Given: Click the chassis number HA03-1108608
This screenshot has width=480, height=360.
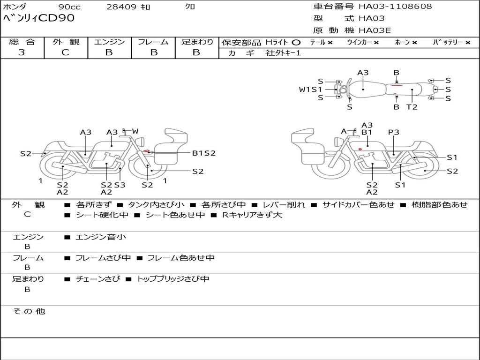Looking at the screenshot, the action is [x=395, y=7].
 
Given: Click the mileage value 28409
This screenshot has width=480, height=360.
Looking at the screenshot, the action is [x=121, y=7].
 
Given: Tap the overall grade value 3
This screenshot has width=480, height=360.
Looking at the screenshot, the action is [x=22, y=52].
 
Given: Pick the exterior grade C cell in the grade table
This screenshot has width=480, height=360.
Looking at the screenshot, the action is [x=65, y=52].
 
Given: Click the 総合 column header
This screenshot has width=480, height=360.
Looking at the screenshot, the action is [x=22, y=42].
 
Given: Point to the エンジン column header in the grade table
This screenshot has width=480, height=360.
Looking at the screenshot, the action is [x=109, y=42].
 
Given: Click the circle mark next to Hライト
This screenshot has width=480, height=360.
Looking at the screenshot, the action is [x=296, y=42].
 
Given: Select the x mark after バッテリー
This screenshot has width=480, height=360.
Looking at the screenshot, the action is [x=467, y=42].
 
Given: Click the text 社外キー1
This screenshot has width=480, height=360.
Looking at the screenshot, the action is [x=283, y=53].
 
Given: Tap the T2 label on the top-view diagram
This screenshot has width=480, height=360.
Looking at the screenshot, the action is [x=412, y=107].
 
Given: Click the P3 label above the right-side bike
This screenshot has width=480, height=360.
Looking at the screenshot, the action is [x=393, y=133].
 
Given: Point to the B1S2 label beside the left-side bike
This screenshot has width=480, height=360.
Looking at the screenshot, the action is [x=203, y=153].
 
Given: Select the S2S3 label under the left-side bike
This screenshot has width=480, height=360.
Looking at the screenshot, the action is [x=113, y=185].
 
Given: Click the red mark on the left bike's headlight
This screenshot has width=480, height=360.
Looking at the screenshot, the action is [x=148, y=151].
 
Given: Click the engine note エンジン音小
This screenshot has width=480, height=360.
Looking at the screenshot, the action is [x=101, y=237].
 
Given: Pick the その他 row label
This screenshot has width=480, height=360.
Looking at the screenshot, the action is [x=29, y=311].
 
